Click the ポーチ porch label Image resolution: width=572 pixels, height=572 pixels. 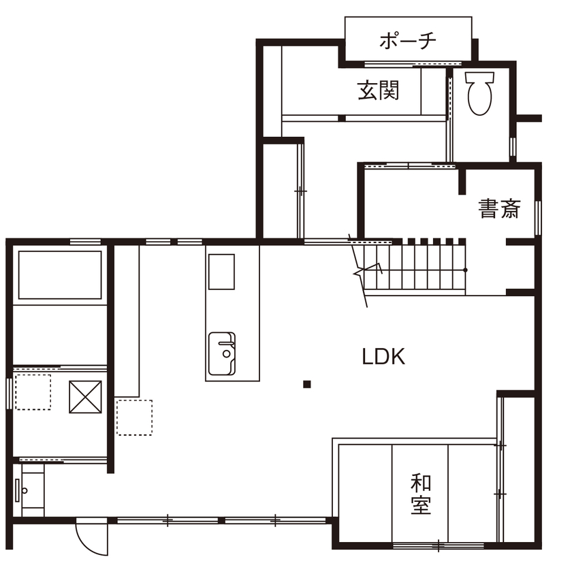[x=407, y=40]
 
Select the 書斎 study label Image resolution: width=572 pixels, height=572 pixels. [x=499, y=208]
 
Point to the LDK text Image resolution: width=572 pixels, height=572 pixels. [x=383, y=356]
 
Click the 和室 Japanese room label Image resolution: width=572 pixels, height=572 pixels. [x=421, y=495]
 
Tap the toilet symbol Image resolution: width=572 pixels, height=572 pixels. [x=479, y=93]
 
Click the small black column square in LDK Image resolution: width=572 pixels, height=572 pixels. [x=307, y=385]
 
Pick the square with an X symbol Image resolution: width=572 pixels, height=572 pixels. [x=85, y=397]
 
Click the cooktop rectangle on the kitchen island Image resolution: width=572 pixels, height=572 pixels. [x=221, y=272]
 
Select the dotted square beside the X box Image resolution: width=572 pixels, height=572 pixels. [x=33, y=392]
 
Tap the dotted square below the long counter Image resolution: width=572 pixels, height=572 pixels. [x=134, y=417]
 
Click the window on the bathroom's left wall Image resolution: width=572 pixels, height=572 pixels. [x=9, y=394]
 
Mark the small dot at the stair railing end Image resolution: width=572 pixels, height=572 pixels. [x=466, y=270]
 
